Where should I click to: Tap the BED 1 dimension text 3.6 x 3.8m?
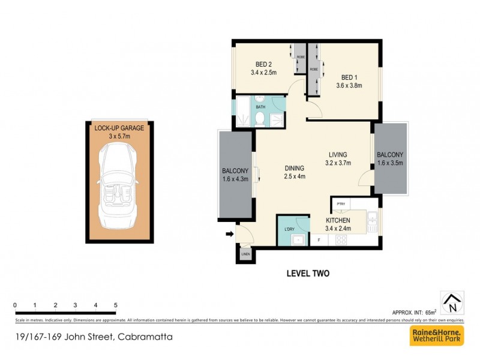(x=350, y=85)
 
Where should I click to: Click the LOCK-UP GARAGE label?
(x=118, y=128)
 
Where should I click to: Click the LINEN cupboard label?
(x=245, y=255)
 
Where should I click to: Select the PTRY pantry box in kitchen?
(x=341, y=204)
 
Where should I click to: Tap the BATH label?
(x=260, y=107)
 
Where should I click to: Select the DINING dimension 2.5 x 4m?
(x=295, y=176)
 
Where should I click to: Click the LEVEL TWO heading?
(x=308, y=273)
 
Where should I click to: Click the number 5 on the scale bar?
(x=115, y=305)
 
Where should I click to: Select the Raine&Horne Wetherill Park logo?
(x=436, y=335)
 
